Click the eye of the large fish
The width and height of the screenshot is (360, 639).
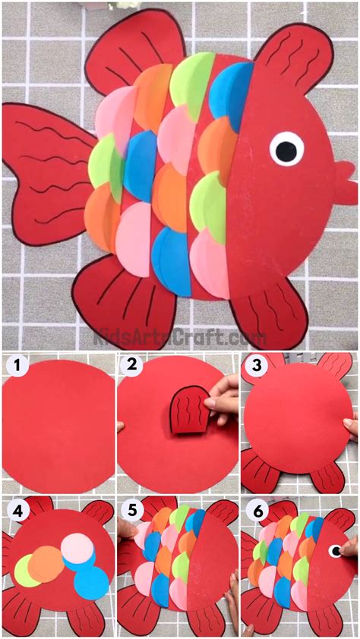click(x=286, y=149)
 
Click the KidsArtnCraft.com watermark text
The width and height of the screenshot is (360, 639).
click(x=180, y=338)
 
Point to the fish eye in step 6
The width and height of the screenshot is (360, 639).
click(x=336, y=551)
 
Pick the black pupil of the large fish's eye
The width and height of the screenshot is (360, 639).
click(x=286, y=150)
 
